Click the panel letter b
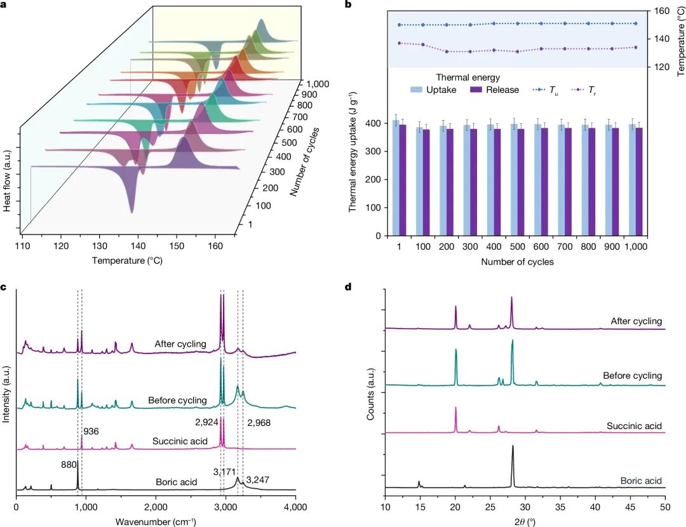347,6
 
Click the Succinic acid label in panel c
180,441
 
